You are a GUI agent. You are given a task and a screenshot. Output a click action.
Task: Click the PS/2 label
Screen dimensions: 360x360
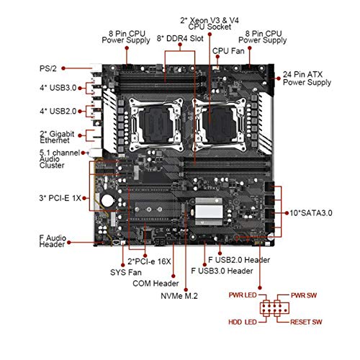pyautogui.click(x=48, y=68)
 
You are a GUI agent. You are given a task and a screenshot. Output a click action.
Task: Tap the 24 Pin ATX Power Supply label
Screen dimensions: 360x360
pyautogui.click(x=307, y=78)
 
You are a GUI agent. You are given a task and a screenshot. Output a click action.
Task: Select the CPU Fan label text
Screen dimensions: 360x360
pyautogui.click(x=228, y=51)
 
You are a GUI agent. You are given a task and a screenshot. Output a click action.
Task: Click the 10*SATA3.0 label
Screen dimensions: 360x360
pyautogui.click(x=311, y=213)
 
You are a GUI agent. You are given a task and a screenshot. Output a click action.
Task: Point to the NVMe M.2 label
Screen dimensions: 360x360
pyautogui.click(x=179, y=296)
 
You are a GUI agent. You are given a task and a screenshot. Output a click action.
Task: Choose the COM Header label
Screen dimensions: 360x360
pyautogui.click(x=156, y=284)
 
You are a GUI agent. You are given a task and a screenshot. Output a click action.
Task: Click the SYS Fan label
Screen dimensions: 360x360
pyautogui.click(x=126, y=272)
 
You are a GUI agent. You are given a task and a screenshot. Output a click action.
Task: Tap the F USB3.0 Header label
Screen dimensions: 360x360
pyautogui.click(x=222, y=271)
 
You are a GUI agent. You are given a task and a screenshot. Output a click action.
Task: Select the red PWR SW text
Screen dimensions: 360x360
pyautogui.click(x=304, y=295)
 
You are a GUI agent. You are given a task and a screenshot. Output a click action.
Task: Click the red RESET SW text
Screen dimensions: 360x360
pyautogui.click(x=306, y=322)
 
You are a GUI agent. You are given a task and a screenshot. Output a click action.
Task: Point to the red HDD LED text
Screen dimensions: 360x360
pyautogui.click(x=243, y=322)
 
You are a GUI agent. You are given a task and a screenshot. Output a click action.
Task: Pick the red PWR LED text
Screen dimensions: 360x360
pyautogui.click(x=243, y=295)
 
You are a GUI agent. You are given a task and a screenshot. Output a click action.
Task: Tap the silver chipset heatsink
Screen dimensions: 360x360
pyautogui.click(x=209, y=212)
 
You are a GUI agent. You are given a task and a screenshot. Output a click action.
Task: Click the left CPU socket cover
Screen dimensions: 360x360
pyautogui.click(x=156, y=125)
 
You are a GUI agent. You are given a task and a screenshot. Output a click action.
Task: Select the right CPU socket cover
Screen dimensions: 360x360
pyautogui.click(x=220, y=125)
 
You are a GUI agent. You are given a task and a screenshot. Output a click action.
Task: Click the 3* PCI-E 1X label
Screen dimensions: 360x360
pyautogui.click(x=60, y=198)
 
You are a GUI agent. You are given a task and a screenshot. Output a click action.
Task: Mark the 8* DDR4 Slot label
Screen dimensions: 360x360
pyautogui.click(x=180, y=38)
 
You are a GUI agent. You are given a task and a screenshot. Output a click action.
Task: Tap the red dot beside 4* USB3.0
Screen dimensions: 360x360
pyautogui.click(x=80, y=88)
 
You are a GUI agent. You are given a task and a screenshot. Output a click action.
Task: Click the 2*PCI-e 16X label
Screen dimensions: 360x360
pyautogui.click(x=149, y=261)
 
